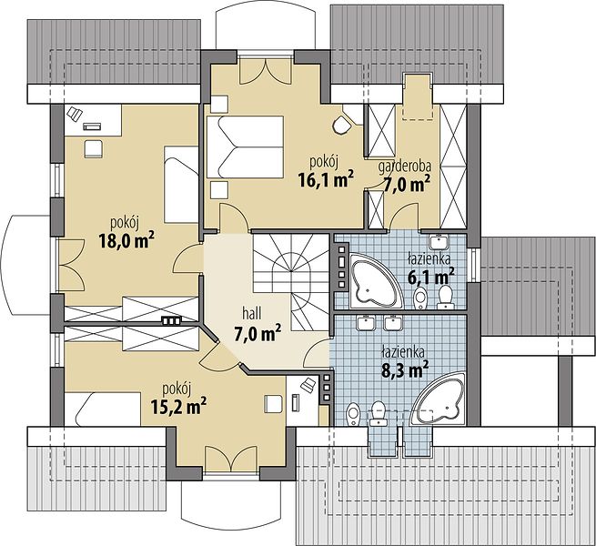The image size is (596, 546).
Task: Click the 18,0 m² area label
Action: pos(126,240)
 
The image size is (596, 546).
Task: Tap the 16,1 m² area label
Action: pos(326,180)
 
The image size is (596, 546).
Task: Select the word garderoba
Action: pos(404,167)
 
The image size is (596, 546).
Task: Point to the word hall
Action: pos(252,314)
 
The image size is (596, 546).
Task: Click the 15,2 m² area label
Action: pos(178,407)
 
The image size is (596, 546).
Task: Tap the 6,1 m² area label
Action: pos(430,277)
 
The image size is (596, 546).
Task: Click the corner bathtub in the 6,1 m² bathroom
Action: pos(376,280)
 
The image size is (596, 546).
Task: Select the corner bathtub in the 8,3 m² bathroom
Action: pos(439,399)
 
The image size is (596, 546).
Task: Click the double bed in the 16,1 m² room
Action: pos(246,147)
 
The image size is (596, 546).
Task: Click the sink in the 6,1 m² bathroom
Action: pos(439,241)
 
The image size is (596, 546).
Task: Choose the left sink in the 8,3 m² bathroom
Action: pos(367,323)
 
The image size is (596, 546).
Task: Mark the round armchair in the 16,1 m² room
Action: pos(342,125)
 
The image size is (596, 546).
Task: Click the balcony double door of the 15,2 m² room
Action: pos(231,459)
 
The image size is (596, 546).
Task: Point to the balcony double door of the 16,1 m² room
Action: pos(266,71)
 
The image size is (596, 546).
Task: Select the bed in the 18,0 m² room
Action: pos(181,185)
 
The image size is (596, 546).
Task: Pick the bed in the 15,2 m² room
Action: pos(103,409)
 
